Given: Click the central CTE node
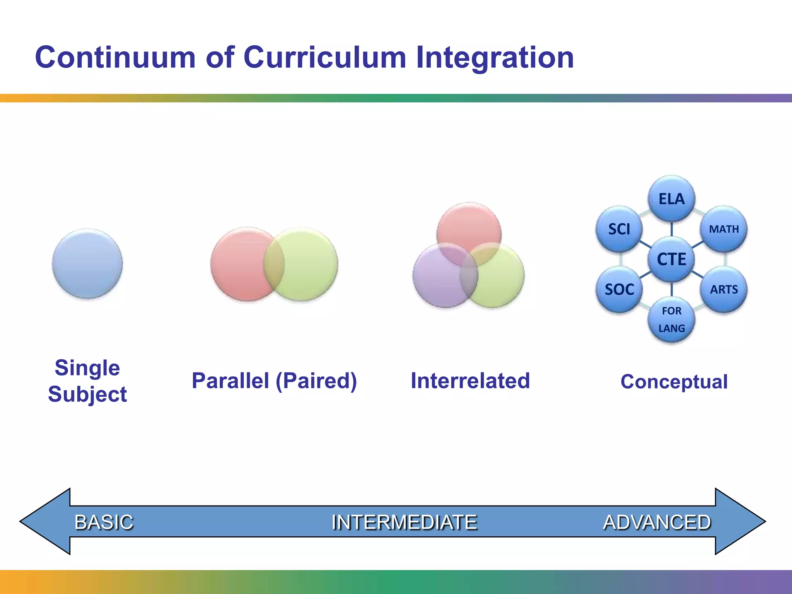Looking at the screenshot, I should [x=671, y=259].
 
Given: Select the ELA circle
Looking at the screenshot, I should [x=671, y=199].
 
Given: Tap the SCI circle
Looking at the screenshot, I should [x=619, y=229].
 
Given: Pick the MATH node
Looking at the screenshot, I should [x=724, y=229].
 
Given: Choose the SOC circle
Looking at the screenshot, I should [x=619, y=289].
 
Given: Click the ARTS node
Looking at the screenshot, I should [x=724, y=289].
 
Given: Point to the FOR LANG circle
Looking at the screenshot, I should [x=671, y=319].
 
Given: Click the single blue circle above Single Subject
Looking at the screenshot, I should [x=87, y=264].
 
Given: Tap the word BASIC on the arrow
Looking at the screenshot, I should [x=104, y=522].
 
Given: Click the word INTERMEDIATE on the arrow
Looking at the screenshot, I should [x=405, y=522].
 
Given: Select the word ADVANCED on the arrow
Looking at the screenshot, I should [x=657, y=522].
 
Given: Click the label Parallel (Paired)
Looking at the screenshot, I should [x=274, y=381].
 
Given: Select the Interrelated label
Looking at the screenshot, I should [x=470, y=381].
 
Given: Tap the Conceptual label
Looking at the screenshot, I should [x=674, y=382].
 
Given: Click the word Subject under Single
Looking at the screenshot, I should [x=87, y=394].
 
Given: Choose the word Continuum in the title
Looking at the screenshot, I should [x=115, y=57].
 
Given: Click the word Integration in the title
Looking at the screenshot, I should [x=495, y=57].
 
